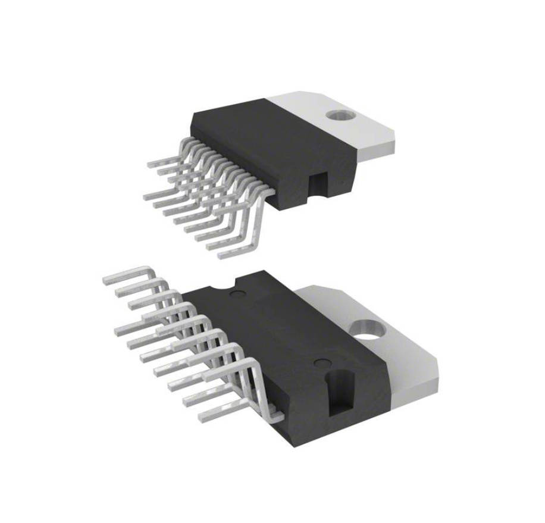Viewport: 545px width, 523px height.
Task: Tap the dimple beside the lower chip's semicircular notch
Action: [x=237, y=294]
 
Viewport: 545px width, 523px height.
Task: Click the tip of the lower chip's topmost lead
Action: [x=107, y=279]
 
